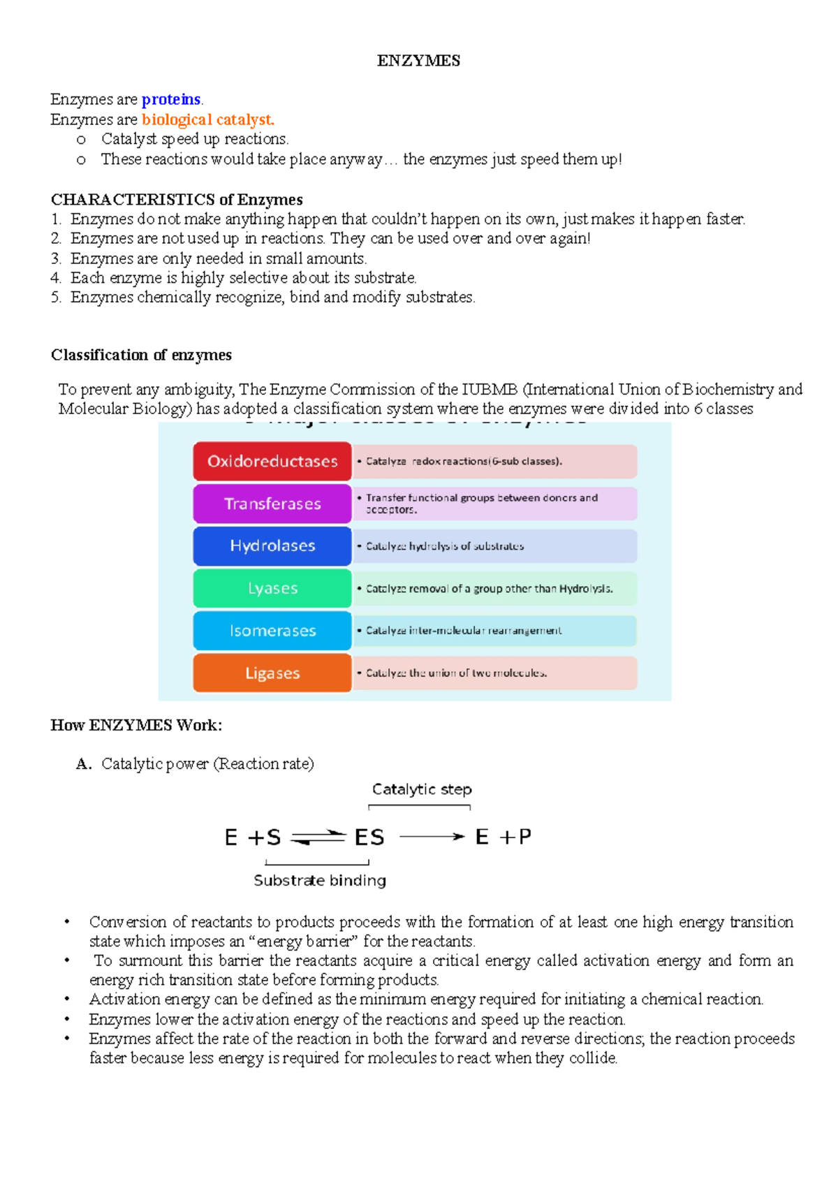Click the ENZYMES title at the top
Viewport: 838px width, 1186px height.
click(418, 61)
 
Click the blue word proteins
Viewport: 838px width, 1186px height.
click(171, 99)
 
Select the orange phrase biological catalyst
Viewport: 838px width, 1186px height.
click(207, 119)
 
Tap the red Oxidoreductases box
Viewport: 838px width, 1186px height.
click(272, 461)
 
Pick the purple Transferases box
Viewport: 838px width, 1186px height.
click(272, 504)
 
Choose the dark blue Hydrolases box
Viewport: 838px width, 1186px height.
click(272, 546)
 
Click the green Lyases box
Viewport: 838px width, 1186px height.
click(272, 588)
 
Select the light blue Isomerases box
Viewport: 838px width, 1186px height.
click(272, 631)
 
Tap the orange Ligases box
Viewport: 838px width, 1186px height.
click(272, 673)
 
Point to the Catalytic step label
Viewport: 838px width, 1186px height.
click(422, 789)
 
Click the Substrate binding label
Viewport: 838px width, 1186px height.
click(320, 880)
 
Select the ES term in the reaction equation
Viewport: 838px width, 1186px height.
click(369, 837)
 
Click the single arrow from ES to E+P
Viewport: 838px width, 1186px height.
click(432, 836)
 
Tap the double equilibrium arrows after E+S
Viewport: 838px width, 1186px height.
click(318, 837)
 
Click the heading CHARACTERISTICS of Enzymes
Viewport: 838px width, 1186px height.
click(177, 200)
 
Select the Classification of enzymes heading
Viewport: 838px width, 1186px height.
click(141, 355)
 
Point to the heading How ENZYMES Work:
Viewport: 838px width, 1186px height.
click(136, 725)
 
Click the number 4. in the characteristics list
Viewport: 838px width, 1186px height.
click(56, 278)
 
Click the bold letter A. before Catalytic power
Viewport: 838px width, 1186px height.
click(84, 763)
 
